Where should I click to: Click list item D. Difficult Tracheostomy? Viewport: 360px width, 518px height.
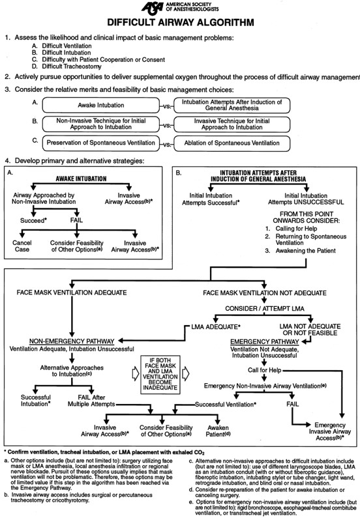[x=70, y=66]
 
